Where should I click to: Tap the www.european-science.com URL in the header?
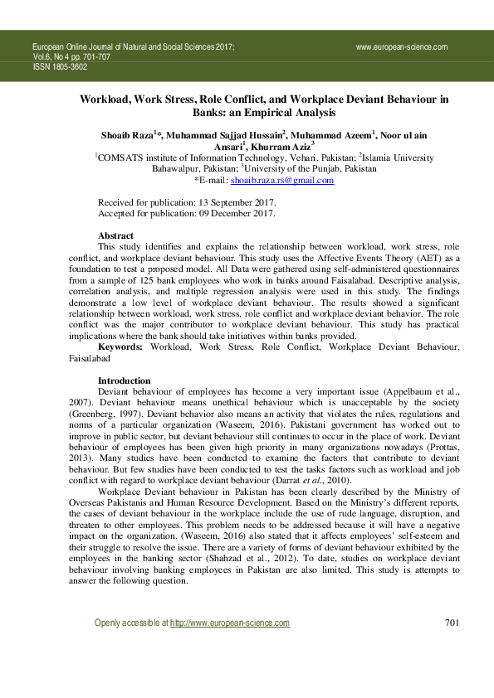[x=401, y=47]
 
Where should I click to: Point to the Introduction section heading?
[x=125, y=381]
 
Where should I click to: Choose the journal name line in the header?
[x=133, y=47]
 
